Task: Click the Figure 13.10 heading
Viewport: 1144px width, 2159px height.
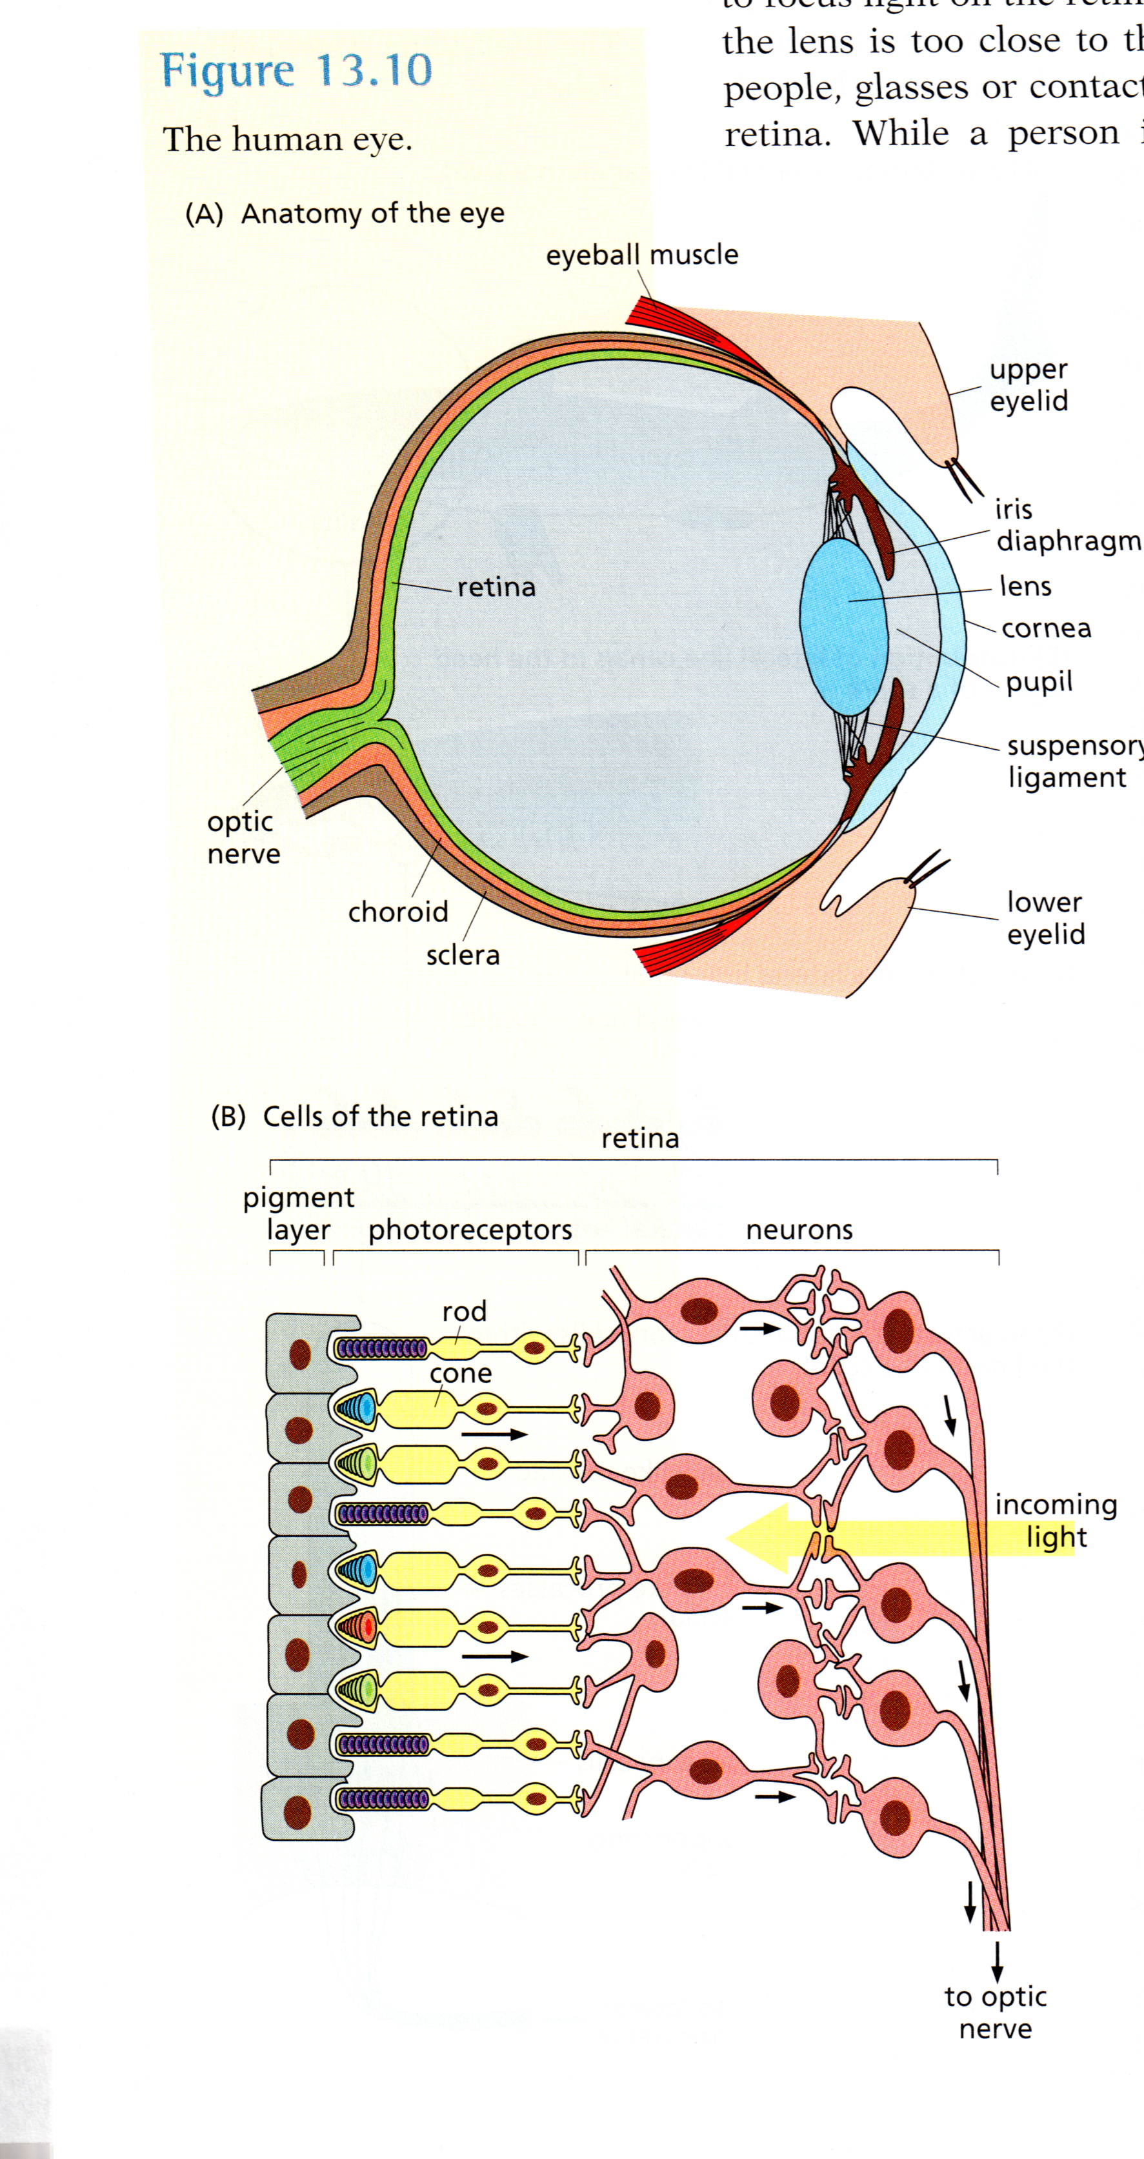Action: [296, 70]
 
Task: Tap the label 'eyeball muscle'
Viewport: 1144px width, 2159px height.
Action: [642, 255]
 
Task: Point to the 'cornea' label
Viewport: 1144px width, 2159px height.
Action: [1046, 628]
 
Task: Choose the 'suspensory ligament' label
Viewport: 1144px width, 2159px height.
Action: [1073, 761]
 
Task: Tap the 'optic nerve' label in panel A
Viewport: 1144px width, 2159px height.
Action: [243, 838]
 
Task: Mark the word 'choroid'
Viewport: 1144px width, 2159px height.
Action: [398, 912]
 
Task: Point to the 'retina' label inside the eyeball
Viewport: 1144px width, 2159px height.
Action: [496, 587]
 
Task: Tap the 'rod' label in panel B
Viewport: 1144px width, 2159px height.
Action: [465, 1311]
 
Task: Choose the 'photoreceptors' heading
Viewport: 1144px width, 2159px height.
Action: [470, 1230]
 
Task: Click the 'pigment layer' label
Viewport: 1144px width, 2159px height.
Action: [298, 1213]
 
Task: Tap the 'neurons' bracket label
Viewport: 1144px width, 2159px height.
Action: [799, 1230]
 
